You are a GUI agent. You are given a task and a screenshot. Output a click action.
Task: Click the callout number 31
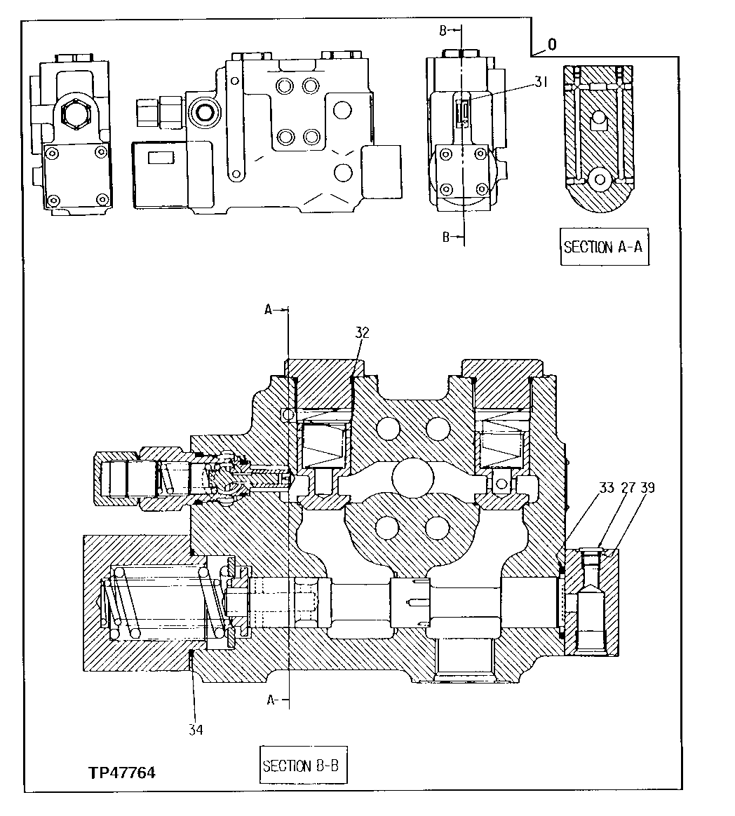[x=540, y=82]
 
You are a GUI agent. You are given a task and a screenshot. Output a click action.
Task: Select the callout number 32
[x=361, y=333]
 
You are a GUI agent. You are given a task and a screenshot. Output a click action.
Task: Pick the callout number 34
[x=195, y=730]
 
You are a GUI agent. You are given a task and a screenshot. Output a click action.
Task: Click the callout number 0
[x=552, y=45]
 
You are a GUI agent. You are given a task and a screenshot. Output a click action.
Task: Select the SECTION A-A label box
[x=605, y=247]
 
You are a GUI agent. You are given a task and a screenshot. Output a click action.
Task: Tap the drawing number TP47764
[x=121, y=773]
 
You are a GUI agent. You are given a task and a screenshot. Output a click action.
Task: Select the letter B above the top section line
[x=443, y=30]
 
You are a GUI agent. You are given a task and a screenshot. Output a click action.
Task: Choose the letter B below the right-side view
[x=445, y=237]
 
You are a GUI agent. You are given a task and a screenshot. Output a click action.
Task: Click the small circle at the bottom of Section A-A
[x=600, y=179]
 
